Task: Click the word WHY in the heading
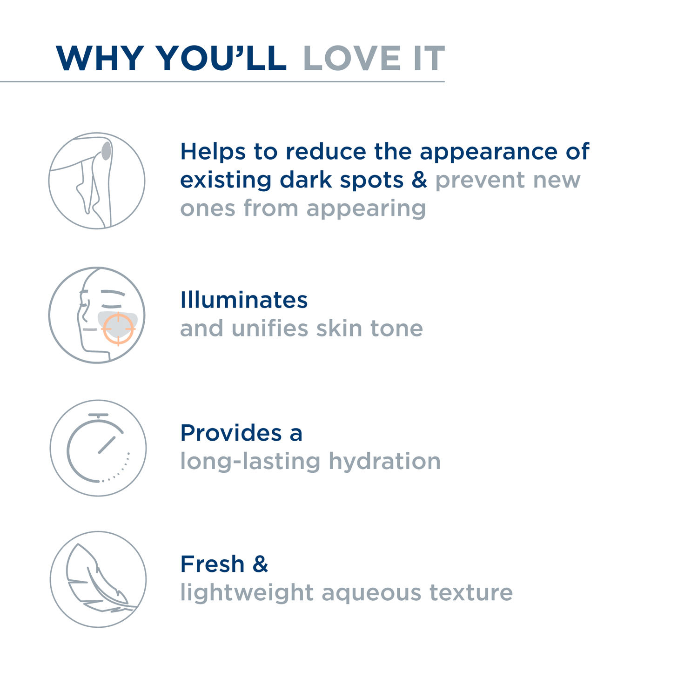click(x=100, y=58)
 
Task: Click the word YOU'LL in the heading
click(x=221, y=58)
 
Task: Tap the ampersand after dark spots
click(x=419, y=180)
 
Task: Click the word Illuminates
click(x=244, y=300)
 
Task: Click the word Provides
click(x=231, y=433)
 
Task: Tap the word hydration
click(x=384, y=461)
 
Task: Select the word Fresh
click(x=212, y=564)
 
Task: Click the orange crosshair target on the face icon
click(x=118, y=329)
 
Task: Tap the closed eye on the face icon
click(x=113, y=306)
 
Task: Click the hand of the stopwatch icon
click(x=107, y=445)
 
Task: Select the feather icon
click(x=101, y=577)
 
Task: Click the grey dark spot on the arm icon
click(x=107, y=151)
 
